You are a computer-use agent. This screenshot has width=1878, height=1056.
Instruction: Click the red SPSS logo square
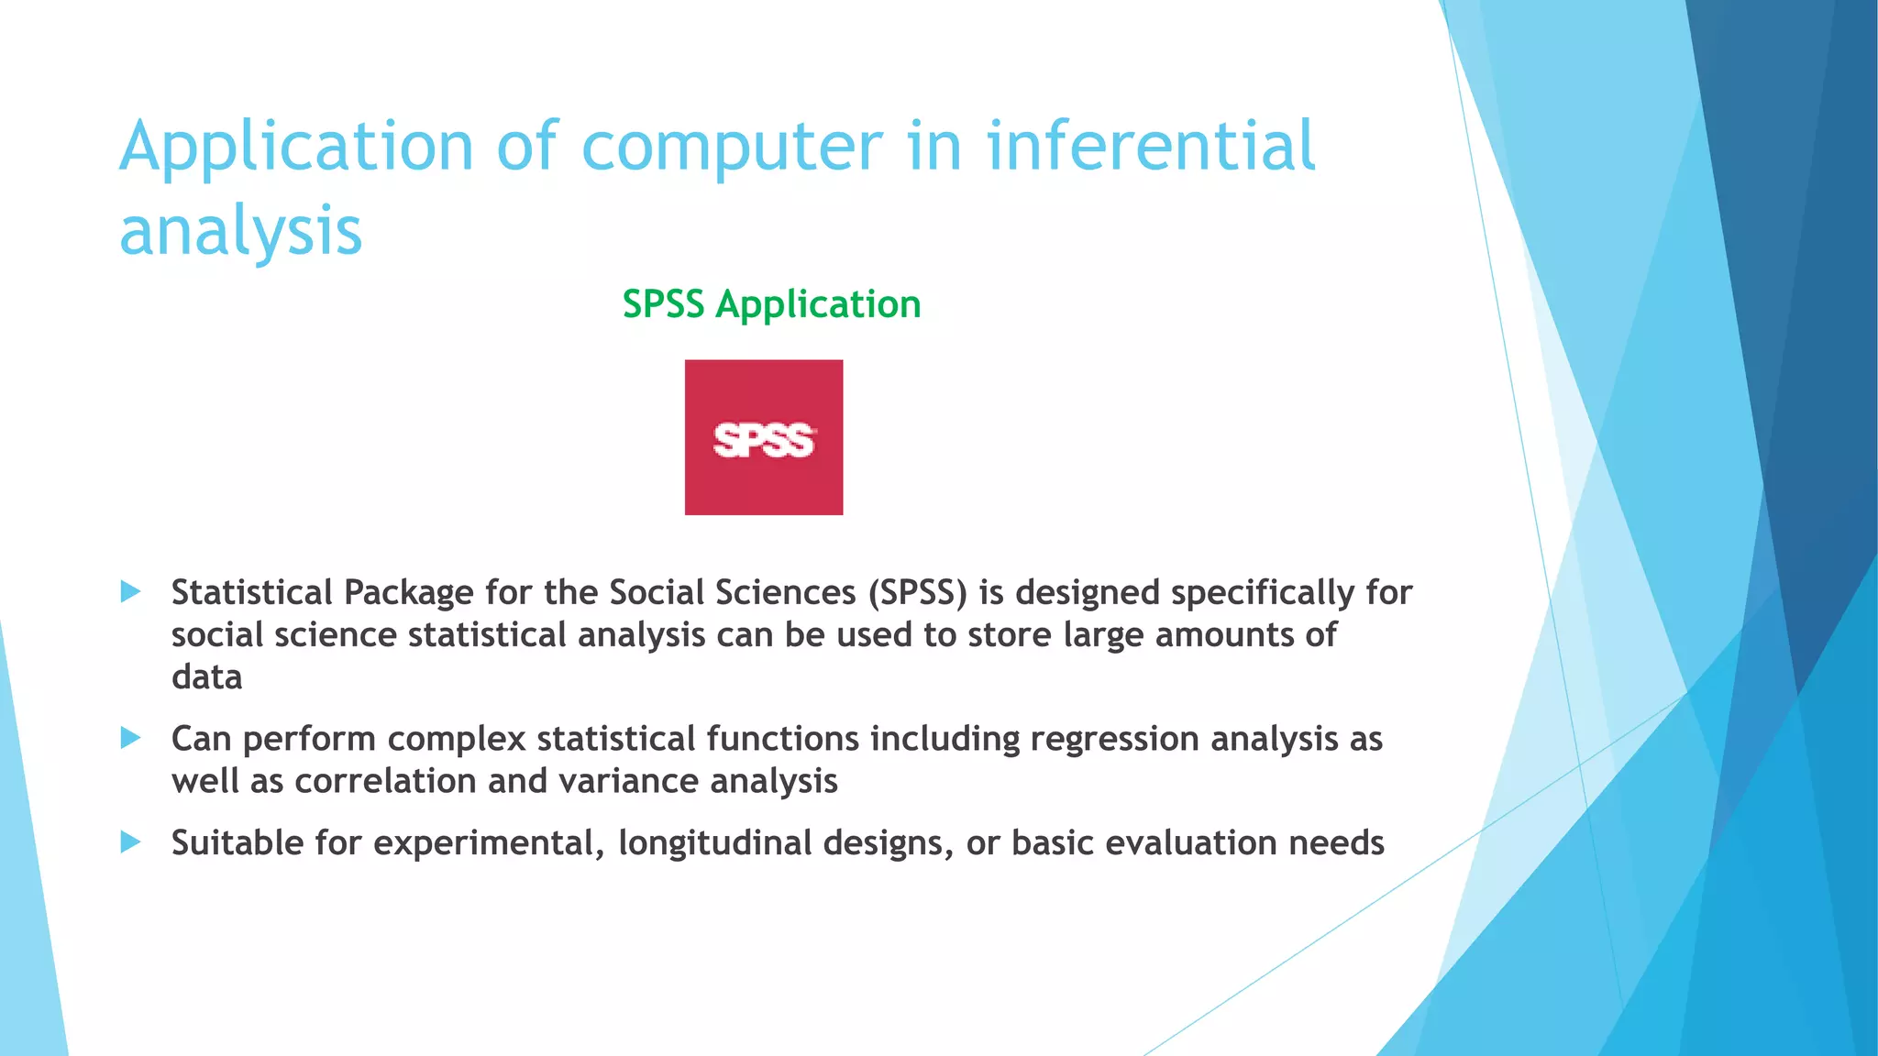coord(763,437)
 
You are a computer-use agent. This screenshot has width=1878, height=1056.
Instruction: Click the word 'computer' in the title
coord(732,147)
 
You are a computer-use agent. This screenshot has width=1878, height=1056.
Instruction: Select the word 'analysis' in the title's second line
coord(240,231)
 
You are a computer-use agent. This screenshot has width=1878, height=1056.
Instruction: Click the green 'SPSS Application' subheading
coord(771,304)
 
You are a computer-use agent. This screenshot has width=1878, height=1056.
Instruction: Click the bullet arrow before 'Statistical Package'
coord(130,591)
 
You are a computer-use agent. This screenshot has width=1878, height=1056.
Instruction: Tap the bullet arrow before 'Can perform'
coord(130,737)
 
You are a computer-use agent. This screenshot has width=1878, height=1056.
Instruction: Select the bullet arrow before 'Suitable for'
coord(130,841)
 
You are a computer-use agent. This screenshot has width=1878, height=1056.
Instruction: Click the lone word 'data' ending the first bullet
coord(207,677)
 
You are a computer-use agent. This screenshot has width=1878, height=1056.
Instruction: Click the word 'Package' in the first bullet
coord(409,593)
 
